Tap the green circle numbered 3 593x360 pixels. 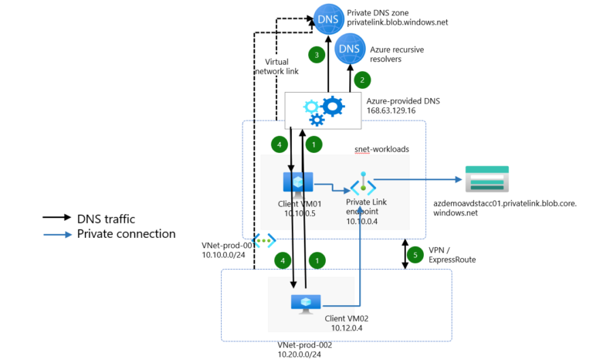click(315, 55)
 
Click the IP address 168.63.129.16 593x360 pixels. click(391, 110)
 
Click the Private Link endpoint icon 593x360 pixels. click(363, 186)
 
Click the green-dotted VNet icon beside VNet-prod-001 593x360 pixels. click(265, 239)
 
